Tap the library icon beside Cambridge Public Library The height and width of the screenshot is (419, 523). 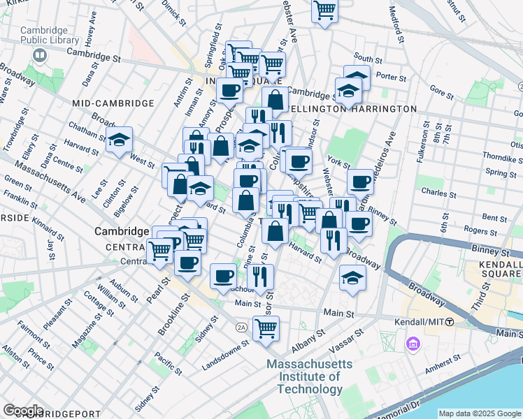pyautogui.click(x=42, y=54)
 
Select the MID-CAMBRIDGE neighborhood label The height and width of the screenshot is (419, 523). pyautogui.click(x=113, y=103)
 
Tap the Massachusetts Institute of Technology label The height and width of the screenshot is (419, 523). pyautogui.click(x=314, y=378)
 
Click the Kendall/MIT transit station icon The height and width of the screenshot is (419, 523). pyautogui.click(x=450, y=321)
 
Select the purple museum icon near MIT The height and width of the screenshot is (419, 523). pyautogui.click(x=411, y=344)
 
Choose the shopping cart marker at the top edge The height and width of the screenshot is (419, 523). pyautogui.click(x=324, y=10)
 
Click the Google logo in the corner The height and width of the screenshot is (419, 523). pyautogui.click(x=23, y=410)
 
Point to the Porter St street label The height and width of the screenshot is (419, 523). pyautogui.click(x=391, y=78)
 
